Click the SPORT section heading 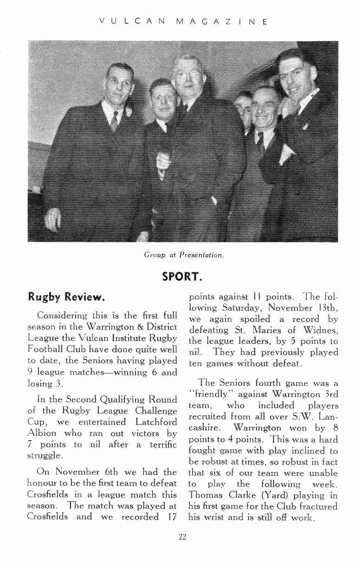point(181,276)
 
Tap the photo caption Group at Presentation point(184,255)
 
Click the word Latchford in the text point(154,422)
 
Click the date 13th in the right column point(328,308)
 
